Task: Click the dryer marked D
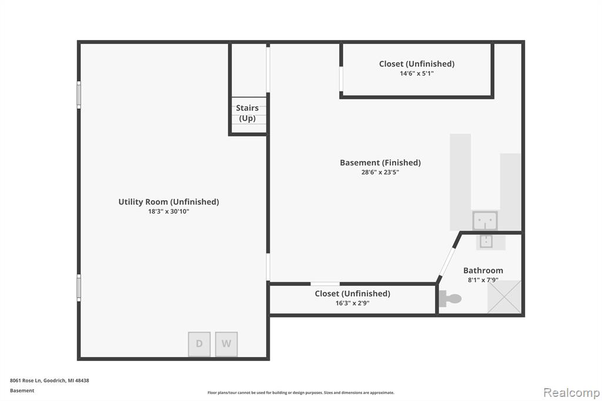199,344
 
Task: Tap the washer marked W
226,344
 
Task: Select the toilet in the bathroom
450,299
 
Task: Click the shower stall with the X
504,297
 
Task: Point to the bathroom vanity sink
486,241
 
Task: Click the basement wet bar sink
485,220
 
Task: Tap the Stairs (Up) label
248,113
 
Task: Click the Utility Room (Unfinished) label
169,202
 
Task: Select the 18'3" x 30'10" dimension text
169,211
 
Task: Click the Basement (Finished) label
380,162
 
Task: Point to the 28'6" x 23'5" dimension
380,172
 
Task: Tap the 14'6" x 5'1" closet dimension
417,73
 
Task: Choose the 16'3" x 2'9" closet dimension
353,303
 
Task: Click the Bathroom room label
483,270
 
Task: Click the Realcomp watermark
571,393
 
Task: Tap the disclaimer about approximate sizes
301,393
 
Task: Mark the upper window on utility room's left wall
79,95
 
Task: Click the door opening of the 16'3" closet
325,284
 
